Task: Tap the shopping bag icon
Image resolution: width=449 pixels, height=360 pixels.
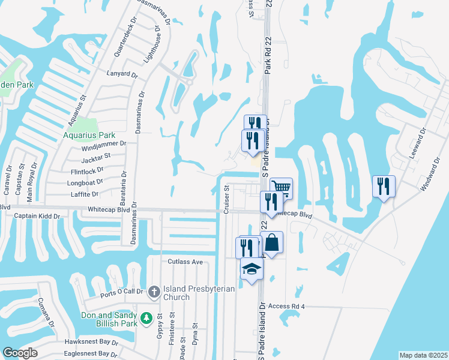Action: click(x=271, y=243)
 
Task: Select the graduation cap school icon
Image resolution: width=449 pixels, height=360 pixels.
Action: click(x=252, y=269)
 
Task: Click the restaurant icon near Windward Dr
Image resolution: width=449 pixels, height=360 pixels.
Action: click(x=384, y=185)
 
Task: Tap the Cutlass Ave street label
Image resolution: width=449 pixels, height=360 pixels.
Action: click(x=186, y=262)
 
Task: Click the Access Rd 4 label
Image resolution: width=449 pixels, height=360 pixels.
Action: click(x=287, y=307)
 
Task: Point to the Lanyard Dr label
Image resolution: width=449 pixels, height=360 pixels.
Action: click(x=123, y=75)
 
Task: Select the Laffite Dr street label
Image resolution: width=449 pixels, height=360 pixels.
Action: click(x=84, y=194)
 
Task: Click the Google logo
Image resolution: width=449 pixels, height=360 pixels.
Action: click(x=20, y=352)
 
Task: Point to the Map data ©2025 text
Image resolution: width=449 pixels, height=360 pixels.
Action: click(x=423, y=355)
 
